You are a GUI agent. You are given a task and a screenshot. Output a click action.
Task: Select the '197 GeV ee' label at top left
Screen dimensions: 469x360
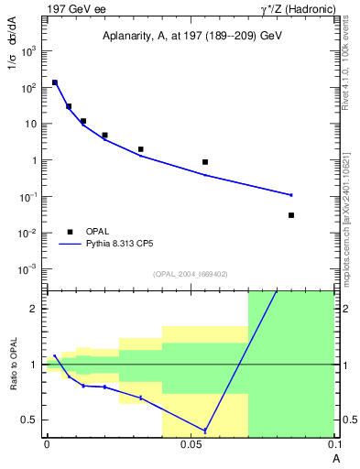[x=76, y=8]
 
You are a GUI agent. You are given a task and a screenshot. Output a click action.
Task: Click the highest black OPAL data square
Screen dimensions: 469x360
[x=55, y=82]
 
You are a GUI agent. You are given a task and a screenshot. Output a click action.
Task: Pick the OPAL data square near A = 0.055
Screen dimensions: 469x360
[x=205, y=162]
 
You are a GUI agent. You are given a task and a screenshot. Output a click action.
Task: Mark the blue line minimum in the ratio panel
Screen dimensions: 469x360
[x=205, y=431]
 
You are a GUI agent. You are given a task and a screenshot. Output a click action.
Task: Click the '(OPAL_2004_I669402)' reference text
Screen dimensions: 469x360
[x=190, y=273]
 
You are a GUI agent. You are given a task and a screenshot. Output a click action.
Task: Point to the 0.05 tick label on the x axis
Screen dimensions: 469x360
[x=191, y=444]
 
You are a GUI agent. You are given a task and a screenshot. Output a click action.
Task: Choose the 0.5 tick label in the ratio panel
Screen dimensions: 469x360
[x=31, y=420]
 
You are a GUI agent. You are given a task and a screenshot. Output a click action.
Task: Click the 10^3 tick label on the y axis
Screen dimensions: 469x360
[x=28, y=51]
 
